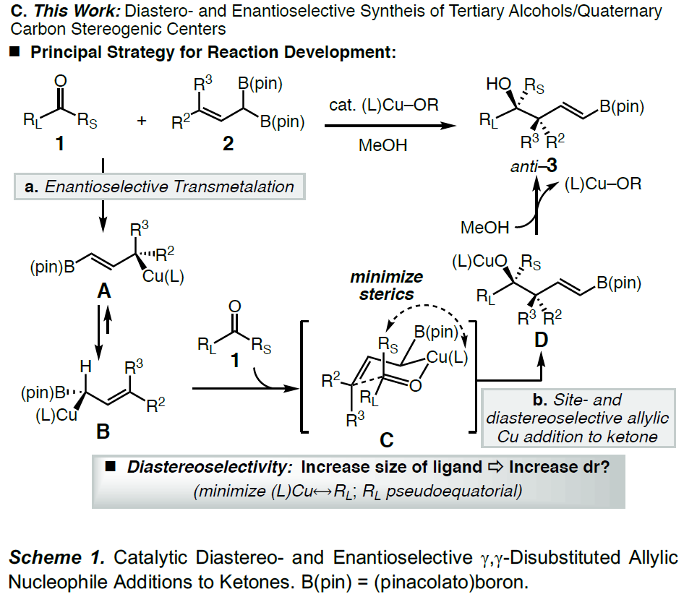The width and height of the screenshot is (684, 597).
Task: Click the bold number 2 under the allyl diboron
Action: click(228, 143)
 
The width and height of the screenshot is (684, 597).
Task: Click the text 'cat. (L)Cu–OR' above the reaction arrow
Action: click(382, 106)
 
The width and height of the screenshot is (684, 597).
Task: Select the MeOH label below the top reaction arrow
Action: click(382, 145)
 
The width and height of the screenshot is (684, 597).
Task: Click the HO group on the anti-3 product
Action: click(497, 85)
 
